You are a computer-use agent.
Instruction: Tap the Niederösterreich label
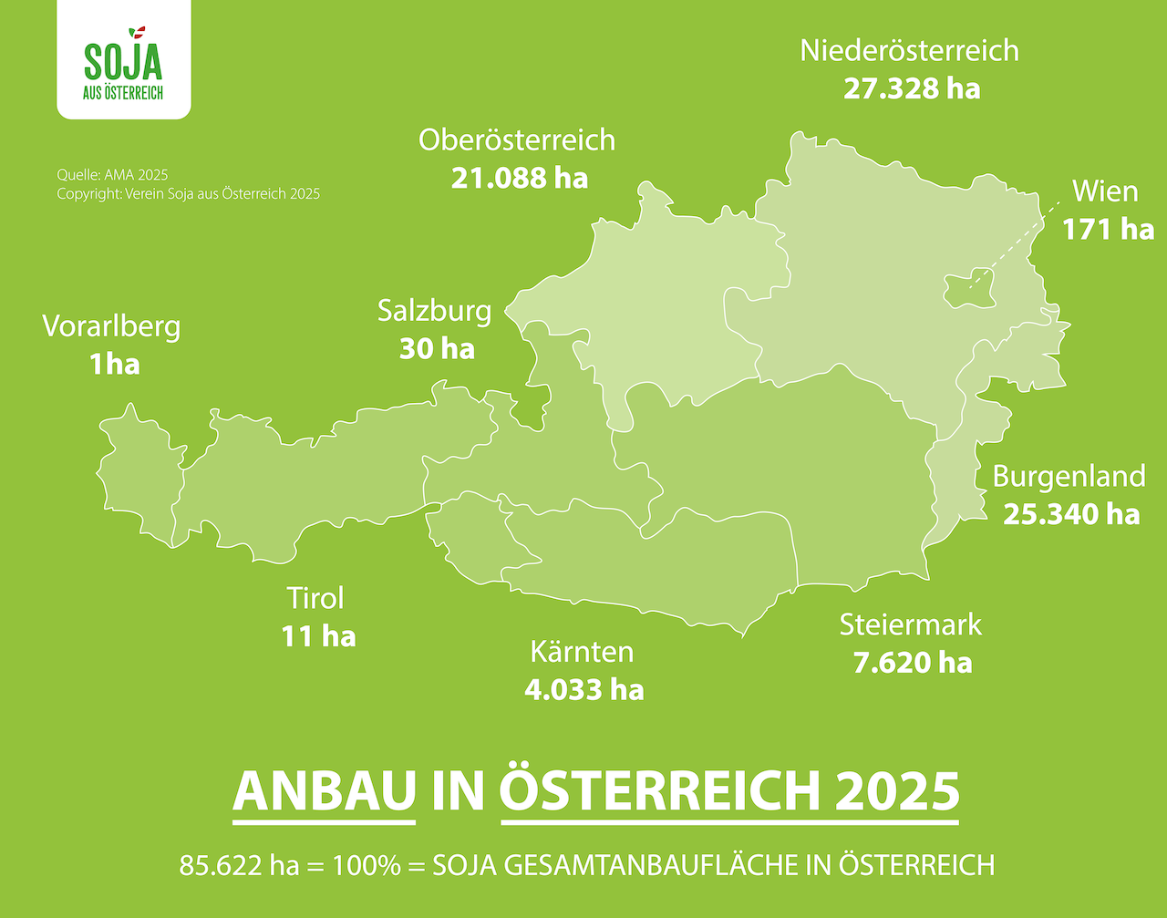click(x=909, y=50)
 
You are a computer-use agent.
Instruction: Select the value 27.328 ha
click(x=912, y=88)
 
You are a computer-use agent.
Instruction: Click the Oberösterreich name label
click(x=517, y=139)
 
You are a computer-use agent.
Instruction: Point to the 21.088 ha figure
click(x=520, y=177)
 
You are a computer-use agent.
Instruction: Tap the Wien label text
click(x=1105, y=191)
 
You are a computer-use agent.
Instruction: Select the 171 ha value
click(x=1108, y=229)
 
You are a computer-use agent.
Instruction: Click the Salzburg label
click(x=435, y=311)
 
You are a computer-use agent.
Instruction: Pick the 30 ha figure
click(x=437, y=348)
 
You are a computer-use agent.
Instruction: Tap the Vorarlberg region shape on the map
click(x=137, y=474)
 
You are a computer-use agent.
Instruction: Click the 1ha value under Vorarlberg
click(x=114, y=365)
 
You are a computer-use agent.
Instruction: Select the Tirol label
click(x=315, y=598)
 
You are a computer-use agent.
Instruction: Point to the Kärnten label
click(x=582, y=652)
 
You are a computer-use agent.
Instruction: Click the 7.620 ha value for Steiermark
click(x=913, y=662)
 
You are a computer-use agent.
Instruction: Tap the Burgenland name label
click(x=1069, y=476)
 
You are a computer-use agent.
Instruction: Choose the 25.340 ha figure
click(x=1071, y=514)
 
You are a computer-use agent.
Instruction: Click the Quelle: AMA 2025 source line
click(x=112, y=175)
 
